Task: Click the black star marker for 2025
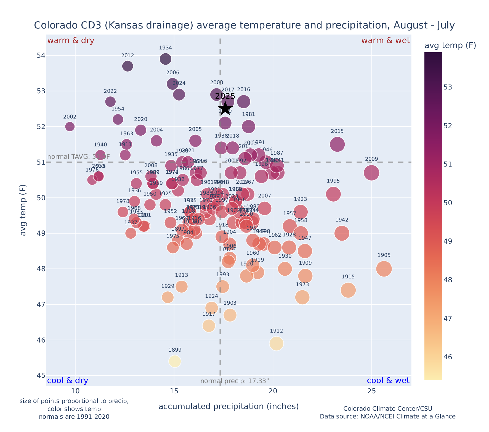[225, 109]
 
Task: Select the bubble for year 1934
[166, 59]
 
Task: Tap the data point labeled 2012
[127, 66]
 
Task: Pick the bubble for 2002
[70, 127]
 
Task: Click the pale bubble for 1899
[175, 361]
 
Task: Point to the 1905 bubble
[384, 269]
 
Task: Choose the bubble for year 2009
[371, 173]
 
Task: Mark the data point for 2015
[337, 144]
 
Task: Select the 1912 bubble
[277, 343]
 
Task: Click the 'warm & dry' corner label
[71, 41]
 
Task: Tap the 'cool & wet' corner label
[388, 381]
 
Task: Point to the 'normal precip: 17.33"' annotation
[235, 381]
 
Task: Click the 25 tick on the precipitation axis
[371, 391]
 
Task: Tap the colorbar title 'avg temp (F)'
[450, 46]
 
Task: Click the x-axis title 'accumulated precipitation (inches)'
[228, 406]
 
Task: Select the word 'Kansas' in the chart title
[127, 25]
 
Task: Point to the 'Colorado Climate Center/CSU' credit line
[388, 409]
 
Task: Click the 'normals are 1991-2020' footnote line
[74, 417]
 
